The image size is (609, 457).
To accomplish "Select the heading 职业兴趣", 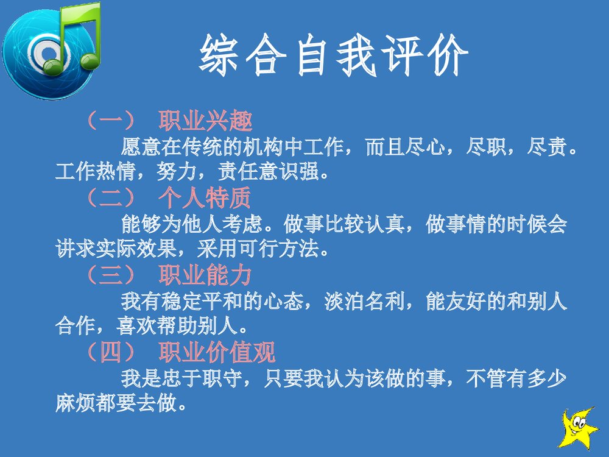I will (x=205, y=121).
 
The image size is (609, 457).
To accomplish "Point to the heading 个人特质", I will (x=205, y=199).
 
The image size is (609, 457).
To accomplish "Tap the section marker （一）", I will (x=110, y=121).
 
